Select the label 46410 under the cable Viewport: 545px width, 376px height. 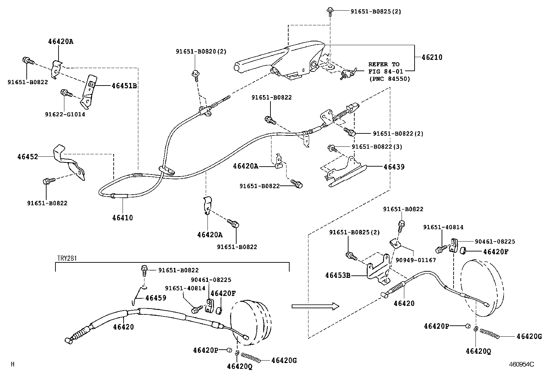123,218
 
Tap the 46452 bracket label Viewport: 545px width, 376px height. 28,157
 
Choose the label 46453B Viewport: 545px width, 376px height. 338,275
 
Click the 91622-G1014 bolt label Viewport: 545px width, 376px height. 65,115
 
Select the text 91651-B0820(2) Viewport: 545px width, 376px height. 201,52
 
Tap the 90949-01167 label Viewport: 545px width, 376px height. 416,260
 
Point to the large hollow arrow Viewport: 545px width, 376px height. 315,306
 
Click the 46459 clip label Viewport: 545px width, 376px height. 156,298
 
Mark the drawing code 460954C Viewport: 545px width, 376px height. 521,365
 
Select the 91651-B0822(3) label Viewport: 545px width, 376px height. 377,147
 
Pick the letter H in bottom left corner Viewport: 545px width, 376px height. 13,365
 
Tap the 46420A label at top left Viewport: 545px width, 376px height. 61,42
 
